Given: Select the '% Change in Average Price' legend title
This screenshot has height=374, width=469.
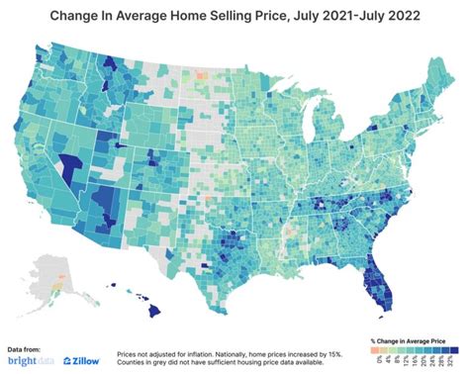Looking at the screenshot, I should (x=414, y=338).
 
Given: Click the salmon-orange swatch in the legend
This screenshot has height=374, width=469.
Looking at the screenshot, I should (x=375, y=349).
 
